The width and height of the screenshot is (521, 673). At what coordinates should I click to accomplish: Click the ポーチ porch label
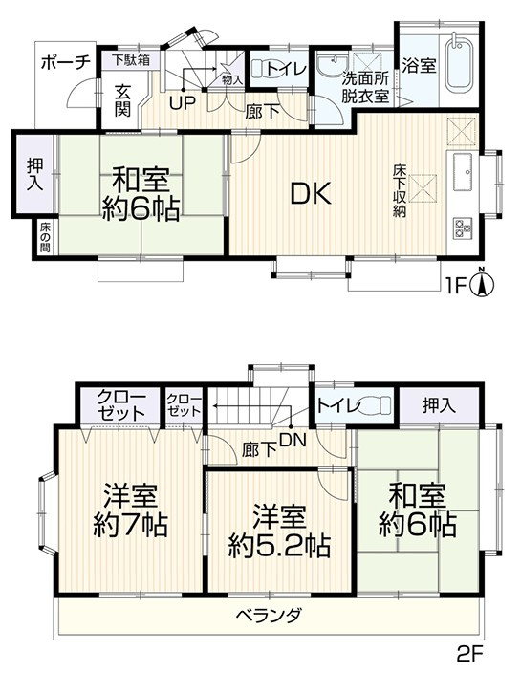66,61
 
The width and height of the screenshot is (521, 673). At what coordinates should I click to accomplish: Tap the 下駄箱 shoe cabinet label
130,59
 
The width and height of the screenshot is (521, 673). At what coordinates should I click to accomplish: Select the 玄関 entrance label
124,99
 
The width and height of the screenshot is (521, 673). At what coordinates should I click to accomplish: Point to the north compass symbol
485,282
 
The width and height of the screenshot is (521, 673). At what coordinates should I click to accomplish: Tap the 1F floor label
458,285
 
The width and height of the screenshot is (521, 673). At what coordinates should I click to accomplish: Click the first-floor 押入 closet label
33,178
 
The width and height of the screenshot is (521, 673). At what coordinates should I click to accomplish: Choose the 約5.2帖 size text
279,546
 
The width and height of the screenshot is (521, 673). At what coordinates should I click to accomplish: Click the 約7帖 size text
131,525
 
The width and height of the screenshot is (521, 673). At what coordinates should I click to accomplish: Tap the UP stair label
180,102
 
